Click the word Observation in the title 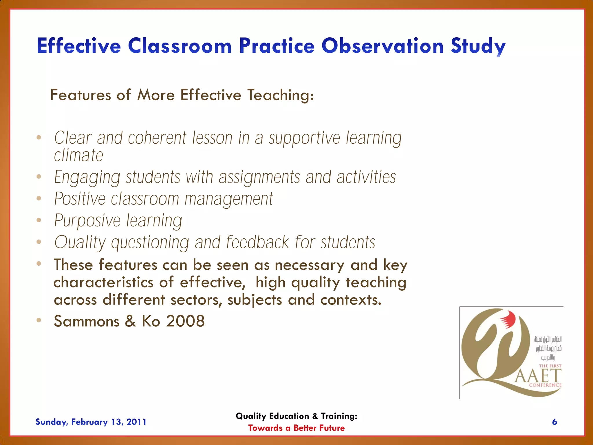(382, 46)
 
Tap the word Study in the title (478, 46)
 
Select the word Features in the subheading (80, 95)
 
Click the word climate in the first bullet (78, 155)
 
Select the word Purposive (87, 221)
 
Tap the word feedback (257, 242)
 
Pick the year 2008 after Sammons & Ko (185, 321)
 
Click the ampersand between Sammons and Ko (130, 321)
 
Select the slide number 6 (554, 422)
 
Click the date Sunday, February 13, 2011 (91, 422)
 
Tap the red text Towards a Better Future (296, 428)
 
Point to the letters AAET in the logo (538, 376)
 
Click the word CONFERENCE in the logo (545, 385)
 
